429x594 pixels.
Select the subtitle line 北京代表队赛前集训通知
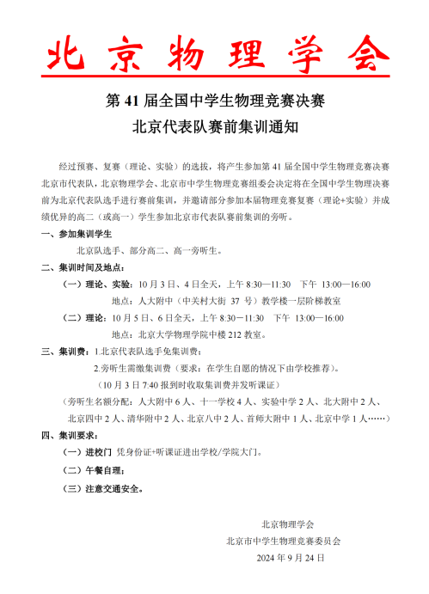click(x=215, y=126)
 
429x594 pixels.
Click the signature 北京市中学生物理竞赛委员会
click(x=283, y=541)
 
